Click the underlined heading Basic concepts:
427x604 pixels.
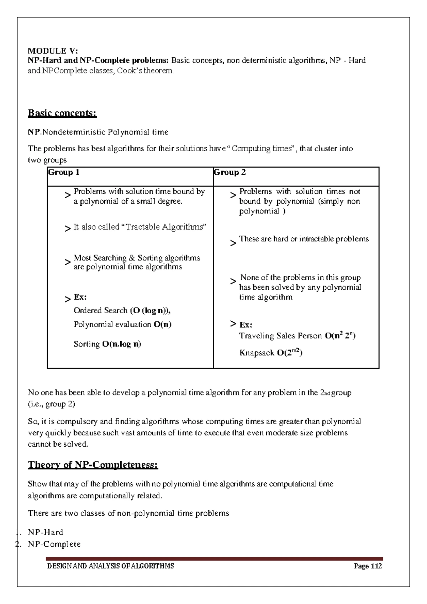(x=62, y=113)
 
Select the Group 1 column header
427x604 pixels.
(x=64, y=173)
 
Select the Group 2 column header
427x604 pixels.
(x=230, y=173)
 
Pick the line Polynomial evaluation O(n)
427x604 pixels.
(x=122, y=325)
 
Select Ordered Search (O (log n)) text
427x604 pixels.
(x=122, y=311)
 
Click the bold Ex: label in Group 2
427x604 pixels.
(x=246, y=325)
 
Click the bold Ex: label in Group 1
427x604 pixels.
(x=80, y=297)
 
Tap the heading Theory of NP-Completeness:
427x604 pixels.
(x=93, y=465)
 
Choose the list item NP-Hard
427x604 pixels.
(x=46, y=532)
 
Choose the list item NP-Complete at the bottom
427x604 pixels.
(x=54, y=544)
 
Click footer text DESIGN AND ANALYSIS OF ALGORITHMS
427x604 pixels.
(x=111, y=566)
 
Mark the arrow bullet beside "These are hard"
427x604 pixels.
(x=233, y=243)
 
